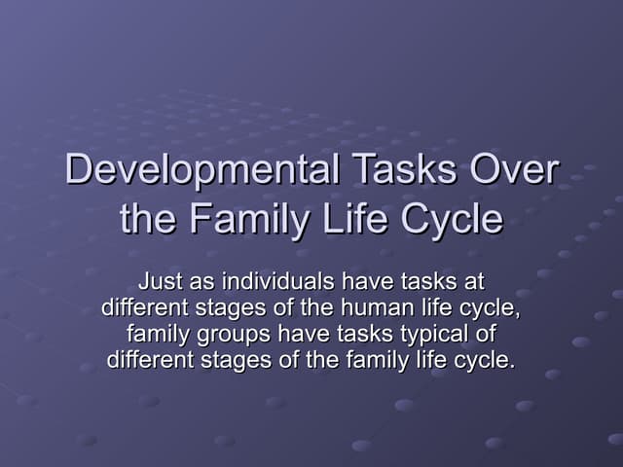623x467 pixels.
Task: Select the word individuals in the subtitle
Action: [x=275, y=283]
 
